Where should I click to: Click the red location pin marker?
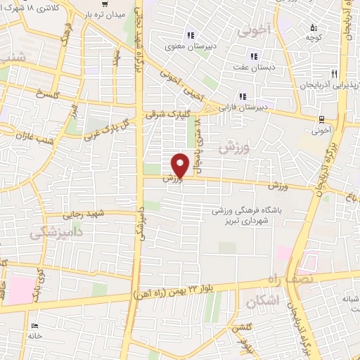pos(181,164)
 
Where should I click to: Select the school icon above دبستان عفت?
pos(253,57)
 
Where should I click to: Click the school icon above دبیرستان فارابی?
pos(243,96)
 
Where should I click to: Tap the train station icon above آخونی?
pos(321,119)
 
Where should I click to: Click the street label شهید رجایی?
pos(84,214)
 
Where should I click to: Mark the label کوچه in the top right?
pos(314,35)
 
